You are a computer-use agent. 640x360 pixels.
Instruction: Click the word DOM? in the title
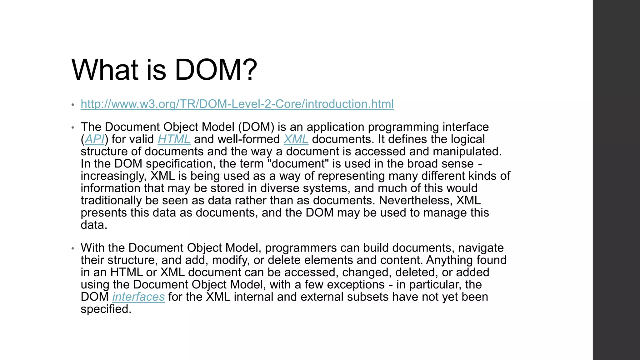[216, 70]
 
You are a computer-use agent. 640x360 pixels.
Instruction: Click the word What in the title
[105, 70]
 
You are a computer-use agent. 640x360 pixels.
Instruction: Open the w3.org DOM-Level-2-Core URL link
[237, 104]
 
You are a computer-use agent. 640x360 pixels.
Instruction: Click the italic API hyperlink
[94, 139]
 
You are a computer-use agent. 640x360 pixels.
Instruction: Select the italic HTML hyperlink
[174, 139]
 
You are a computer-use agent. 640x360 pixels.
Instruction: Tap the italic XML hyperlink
[296, 139]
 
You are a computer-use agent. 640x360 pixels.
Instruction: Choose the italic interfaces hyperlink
[138, 297]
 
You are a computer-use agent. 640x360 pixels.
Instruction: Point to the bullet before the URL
[72, 105]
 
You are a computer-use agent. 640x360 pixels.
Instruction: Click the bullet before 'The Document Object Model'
[72, 127]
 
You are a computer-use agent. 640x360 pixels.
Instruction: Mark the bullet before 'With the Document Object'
[72, 248]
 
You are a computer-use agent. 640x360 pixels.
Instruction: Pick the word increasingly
[113, 176]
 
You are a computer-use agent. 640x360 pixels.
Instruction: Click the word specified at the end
[106, 309]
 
